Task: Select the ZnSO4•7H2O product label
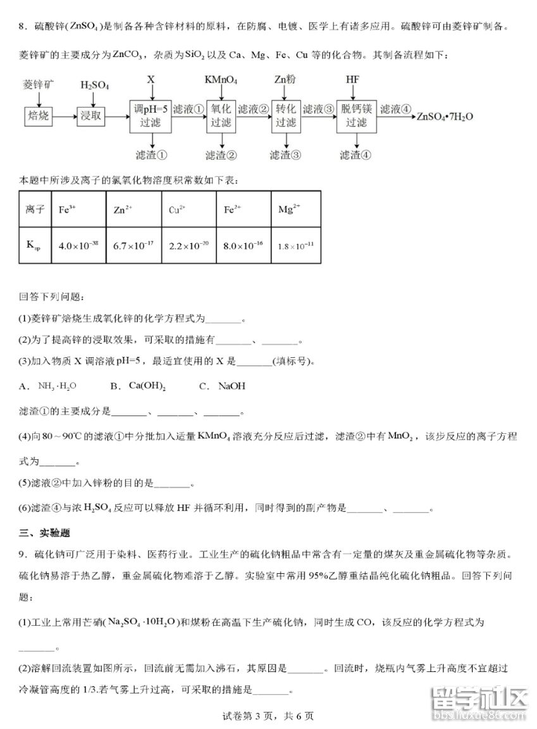(x=444, y=116)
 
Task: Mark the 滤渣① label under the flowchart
(x=151, y=155)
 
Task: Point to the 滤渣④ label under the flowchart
(x=355, y=155)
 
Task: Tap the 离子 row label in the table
(x=35, y=209)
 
